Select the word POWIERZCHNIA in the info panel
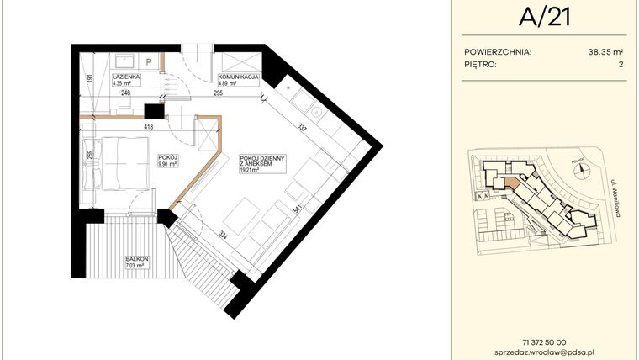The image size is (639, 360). coord(498,51)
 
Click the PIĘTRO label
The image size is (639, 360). coord(480,64)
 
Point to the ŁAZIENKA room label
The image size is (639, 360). coord(127,77)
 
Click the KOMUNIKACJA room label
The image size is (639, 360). coord(238,77)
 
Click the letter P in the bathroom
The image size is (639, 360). coord(148,61)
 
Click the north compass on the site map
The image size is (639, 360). coord(580,168)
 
